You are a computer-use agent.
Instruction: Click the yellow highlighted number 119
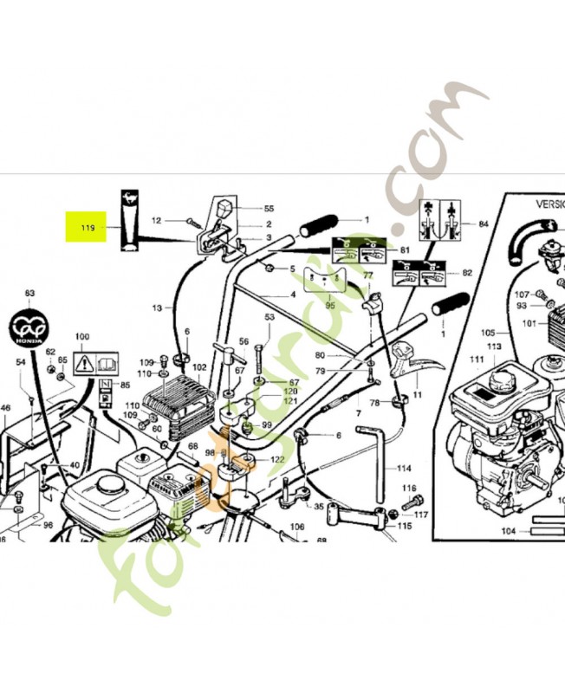coord(87,229)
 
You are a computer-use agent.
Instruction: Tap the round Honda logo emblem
coord(29,327)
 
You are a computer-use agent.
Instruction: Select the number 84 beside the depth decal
coord(483,223)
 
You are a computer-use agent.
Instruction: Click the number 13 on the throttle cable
coord(158,308)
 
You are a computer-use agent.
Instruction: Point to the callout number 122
coord(276,459)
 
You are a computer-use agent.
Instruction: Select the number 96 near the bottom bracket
coord(48,524)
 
